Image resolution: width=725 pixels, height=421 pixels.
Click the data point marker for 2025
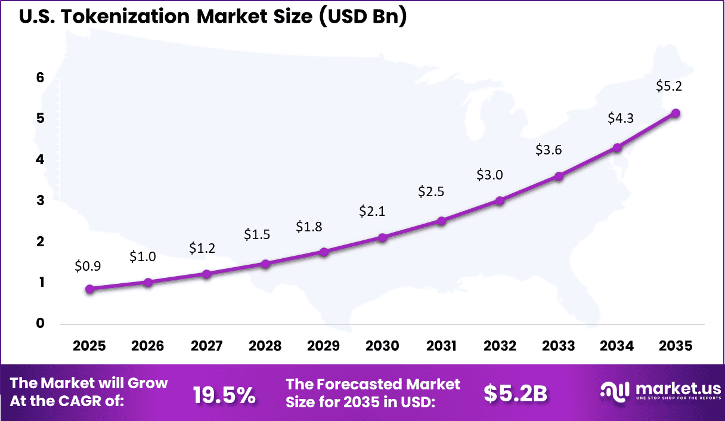(x=89, y=289)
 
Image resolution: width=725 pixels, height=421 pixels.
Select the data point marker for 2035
(x=676, y=113)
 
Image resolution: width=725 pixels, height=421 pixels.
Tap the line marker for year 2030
(x=382, y=238)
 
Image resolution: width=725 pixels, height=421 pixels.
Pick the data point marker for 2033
(x=559, y=177)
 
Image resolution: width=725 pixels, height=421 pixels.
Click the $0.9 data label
(x=88, y=267)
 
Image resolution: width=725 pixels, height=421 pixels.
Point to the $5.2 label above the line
(x=670, y=86)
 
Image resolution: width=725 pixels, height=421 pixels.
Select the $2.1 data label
(x=371, y=211)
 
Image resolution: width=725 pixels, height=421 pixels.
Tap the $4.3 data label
(x=621, y=118)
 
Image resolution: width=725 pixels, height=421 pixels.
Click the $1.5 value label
(x=257, y=234)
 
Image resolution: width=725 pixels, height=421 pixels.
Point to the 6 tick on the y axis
(x=41, y=78)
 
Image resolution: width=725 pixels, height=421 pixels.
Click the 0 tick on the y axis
(x=41, y=324)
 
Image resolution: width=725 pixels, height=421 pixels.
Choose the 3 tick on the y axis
(x=41, y=200)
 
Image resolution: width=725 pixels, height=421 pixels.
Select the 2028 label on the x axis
(x=265, y=346)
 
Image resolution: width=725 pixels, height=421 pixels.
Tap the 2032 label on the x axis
(x=500, y=346)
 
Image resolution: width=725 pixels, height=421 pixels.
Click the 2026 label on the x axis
(x=148, y=346)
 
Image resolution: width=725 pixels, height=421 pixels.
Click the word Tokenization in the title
(x=125, y=17)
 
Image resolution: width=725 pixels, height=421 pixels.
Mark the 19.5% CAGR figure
(x=224, y=394)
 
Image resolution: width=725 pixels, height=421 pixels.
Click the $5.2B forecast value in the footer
(x=515, y=394)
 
